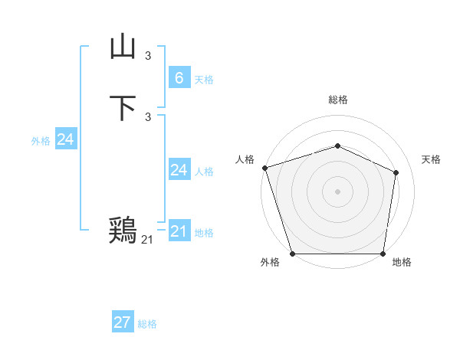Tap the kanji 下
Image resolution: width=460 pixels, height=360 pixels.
click(x=123, y=108)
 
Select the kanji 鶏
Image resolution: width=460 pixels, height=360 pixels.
click(x=123, y=229)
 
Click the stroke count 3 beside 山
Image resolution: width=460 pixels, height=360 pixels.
click(x=148, y=56)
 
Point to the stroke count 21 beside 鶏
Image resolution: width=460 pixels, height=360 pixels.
click(x=147, y=240)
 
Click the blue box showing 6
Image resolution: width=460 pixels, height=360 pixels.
click(x=179, y=77)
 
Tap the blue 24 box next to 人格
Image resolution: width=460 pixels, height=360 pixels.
click(x=179, y=169)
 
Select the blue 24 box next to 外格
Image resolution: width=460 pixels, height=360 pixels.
click(x=65, y=139)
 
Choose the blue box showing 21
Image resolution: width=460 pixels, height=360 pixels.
click(x=179, y=231)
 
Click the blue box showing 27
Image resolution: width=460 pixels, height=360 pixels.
click(x=122, y=322)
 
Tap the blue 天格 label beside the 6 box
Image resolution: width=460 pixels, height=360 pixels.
click(x=204, y=80)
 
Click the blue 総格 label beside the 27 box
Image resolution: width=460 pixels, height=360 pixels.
click(x=147, y=325)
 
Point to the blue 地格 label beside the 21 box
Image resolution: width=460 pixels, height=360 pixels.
click(x=204, y=233)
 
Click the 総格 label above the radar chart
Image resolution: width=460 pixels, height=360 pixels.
click(x=337, y=100)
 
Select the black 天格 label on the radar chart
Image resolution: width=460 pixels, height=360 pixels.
click(x=431, y=159)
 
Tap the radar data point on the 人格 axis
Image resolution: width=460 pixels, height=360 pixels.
click(x=264, y=168)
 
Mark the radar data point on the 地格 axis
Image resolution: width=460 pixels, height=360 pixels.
click(x=383, y=254)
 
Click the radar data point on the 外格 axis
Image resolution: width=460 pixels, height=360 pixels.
click(x=292, y=254)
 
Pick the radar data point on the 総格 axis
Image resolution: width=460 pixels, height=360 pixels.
click(x=337, y=146)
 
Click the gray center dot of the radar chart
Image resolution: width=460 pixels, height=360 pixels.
click(x=337, y=191)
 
